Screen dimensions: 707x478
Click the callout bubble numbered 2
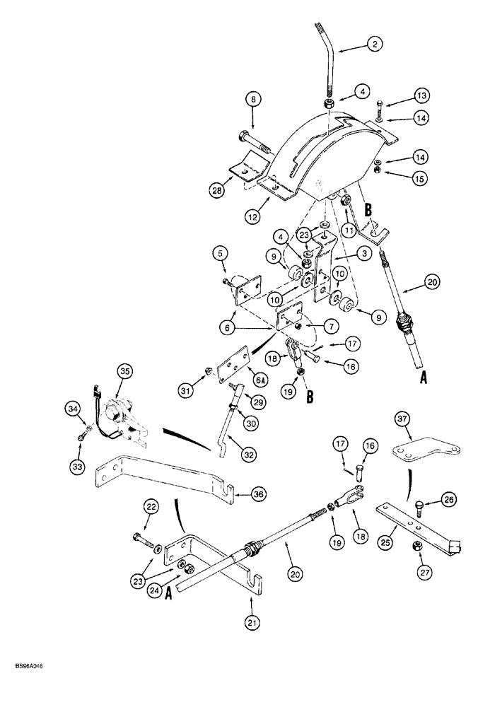point(374,44)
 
